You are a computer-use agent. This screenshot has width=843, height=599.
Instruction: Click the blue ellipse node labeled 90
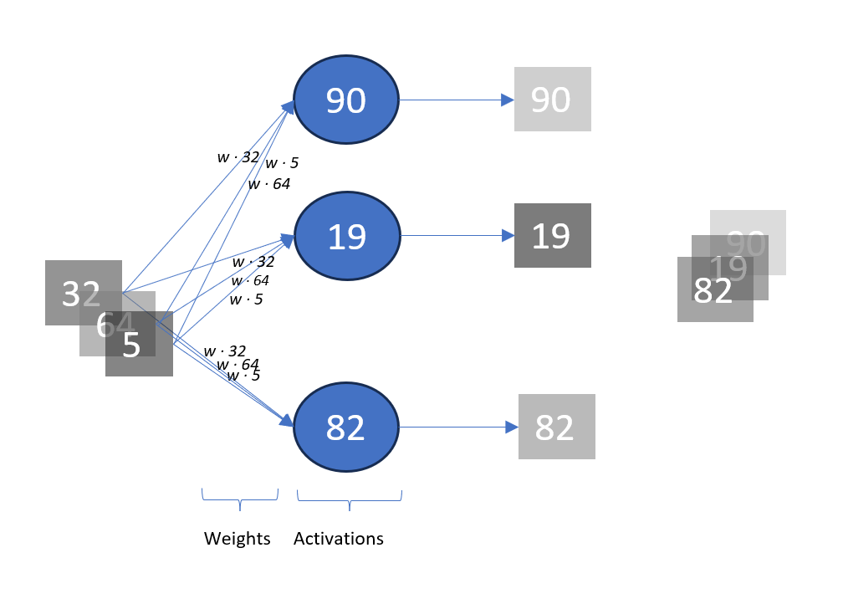coord(346,100)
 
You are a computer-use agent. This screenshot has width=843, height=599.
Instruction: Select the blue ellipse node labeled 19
coord(346,237)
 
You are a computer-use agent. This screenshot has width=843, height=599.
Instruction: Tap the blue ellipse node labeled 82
coord(346,427)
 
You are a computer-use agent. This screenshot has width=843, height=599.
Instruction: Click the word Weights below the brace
coord(238,539)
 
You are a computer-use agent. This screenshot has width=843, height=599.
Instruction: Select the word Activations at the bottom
coord(339,539)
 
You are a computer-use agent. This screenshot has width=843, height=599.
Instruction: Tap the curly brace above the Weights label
coord(240,500)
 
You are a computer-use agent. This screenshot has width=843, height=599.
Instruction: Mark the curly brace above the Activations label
coord(350,500)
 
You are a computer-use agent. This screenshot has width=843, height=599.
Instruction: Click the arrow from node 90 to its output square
coord(456,100)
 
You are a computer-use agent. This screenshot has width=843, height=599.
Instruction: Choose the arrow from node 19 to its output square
coord(456,236)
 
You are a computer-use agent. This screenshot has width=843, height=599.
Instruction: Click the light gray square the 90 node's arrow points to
coord(552,100)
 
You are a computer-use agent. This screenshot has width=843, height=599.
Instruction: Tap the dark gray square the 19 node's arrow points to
coord(552,236)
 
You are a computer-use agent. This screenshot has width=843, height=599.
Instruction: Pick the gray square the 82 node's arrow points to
coord(556,427)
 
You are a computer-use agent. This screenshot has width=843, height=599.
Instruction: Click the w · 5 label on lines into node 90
coord(282,163)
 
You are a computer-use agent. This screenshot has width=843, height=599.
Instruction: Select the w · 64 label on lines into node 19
coord(250,280)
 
